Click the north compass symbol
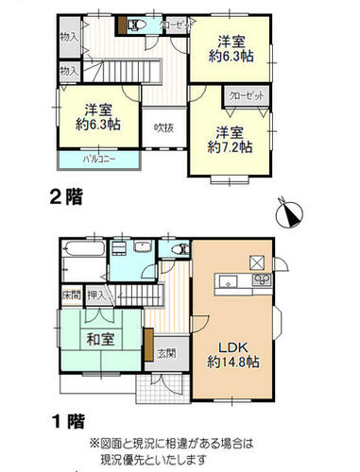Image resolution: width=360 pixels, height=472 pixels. [x=289, y=213]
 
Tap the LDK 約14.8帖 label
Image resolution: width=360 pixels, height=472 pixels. [x=233, y=355]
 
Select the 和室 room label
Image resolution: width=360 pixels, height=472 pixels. [x=100, y=340]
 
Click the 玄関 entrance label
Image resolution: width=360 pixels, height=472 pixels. [x=166, y=353]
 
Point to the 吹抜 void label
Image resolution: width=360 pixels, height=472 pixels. [x=163, y=127]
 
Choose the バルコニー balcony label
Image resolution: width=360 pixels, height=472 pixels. [x=99, y=160]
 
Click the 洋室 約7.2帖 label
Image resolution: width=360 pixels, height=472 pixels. [x=230, y=140]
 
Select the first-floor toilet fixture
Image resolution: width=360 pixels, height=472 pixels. [x=180, y=250]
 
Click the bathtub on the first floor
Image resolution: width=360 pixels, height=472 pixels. [x=84, y=249]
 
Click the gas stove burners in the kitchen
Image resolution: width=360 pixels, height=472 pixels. [x=262, y=279]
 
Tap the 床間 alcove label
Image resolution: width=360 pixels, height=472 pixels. [x=72, y=295]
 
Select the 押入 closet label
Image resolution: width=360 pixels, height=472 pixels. [x=97, y=295]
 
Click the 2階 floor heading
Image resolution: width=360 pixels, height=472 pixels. [x=66, y=197]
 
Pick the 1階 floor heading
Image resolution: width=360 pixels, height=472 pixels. [x=68, y=421]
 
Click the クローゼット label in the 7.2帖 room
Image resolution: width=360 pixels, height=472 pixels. [x=247, y=95]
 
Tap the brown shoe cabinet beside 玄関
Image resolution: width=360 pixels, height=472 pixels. [x=149, y=345]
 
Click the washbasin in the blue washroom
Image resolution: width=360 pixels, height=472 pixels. [x=144, y=245]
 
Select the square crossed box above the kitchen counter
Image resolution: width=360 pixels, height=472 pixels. [x=257, y=262]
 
